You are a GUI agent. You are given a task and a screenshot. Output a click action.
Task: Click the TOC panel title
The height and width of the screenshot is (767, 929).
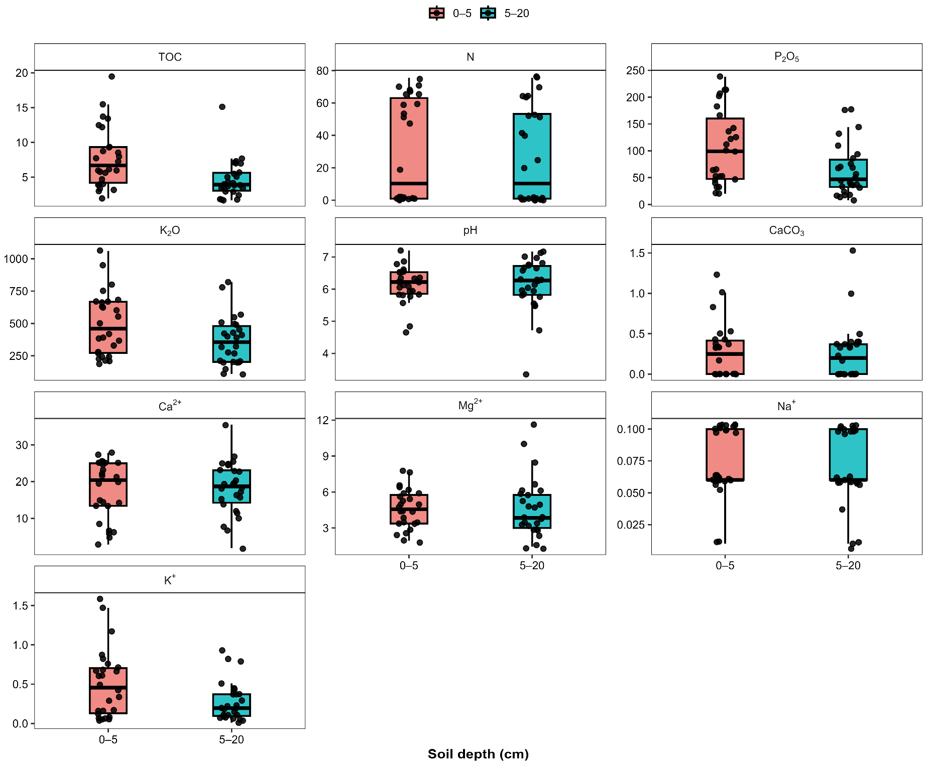pos(170,57)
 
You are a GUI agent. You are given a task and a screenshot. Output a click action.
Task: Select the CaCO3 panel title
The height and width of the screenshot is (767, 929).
pos(786,231)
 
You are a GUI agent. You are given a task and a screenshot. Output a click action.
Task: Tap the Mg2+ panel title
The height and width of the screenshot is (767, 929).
pos(470,405)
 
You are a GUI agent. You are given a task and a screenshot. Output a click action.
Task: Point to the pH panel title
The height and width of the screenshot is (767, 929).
pos(470,231)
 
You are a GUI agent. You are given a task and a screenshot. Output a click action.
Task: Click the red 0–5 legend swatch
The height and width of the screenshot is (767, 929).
pos(436,14)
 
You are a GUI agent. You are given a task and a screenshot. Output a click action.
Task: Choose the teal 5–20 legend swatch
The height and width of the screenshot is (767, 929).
pos(488,14)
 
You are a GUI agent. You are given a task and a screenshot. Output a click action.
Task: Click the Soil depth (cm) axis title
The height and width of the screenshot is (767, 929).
pos(478,754)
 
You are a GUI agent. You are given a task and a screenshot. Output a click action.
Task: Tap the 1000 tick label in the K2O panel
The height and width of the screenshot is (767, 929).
pos(16,259)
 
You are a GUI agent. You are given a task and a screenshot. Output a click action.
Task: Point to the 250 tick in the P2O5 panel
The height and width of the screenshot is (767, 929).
pos(635,71)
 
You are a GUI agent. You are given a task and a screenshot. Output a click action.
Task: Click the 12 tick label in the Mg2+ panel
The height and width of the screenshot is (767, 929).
pos(322,420)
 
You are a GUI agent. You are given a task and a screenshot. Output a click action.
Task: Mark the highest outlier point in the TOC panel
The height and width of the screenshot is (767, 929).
pos(111,77)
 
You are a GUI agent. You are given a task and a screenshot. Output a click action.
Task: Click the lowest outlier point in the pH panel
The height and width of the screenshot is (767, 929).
pos(526,374)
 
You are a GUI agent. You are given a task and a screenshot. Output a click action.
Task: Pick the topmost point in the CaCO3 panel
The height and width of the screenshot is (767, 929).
pos(853,250)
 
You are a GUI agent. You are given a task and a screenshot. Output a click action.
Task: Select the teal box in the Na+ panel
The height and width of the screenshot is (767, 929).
pos(848,454)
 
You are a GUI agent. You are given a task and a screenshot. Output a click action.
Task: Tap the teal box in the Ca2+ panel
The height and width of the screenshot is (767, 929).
pos(231,486)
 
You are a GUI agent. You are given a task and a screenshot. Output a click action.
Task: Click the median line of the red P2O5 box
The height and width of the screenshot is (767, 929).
pos(725,151)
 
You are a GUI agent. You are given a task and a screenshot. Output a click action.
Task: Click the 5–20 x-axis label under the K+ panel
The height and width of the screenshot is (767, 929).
pos(231,739)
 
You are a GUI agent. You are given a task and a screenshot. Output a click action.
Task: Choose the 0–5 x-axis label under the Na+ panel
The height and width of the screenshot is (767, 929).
pos(725,566)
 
